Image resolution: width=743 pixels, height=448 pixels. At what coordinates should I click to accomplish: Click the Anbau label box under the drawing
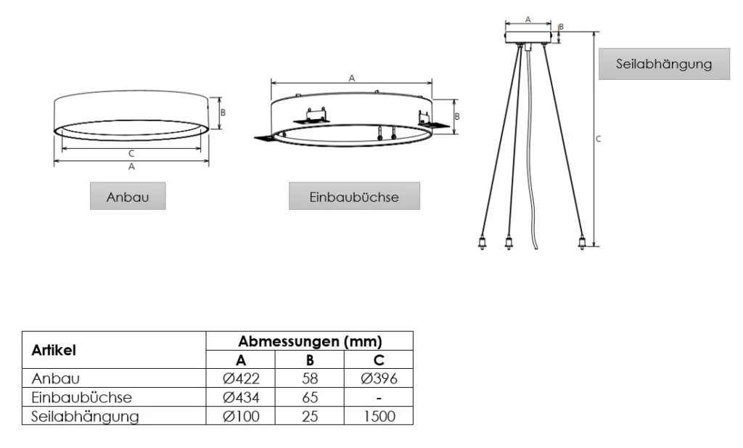click(128, 197)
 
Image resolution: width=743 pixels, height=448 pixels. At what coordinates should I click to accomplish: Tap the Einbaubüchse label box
click(354, 197)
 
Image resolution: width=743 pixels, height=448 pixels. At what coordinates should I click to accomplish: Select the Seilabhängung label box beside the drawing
click(665, 64)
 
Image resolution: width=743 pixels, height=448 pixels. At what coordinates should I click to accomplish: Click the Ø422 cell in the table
click(242, 378)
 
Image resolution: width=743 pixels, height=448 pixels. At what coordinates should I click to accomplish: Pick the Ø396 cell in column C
click(378, 378)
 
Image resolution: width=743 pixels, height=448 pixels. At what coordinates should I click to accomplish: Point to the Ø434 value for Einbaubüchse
click(242, 397)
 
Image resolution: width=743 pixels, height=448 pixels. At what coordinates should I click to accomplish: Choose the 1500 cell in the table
click(378, 417)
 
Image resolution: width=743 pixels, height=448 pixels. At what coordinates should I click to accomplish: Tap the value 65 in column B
click(310, 397)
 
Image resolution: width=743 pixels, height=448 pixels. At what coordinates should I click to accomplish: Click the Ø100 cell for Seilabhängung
click(242, 417)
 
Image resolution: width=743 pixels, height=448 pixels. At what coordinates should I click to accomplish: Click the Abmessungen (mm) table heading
click(310, 341)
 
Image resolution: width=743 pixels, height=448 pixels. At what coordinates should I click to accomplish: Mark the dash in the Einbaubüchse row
click(378, 398)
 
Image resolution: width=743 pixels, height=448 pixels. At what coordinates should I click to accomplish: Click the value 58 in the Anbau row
click(310, 378)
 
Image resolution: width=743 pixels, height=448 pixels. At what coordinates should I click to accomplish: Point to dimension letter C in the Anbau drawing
click(131, 154)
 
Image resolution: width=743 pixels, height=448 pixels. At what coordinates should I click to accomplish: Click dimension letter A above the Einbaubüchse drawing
click(351, 77)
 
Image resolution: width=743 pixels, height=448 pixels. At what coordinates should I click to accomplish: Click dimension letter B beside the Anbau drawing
click(223, 113)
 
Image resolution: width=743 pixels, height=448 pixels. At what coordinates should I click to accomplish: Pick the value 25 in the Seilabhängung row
click(310, 417)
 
